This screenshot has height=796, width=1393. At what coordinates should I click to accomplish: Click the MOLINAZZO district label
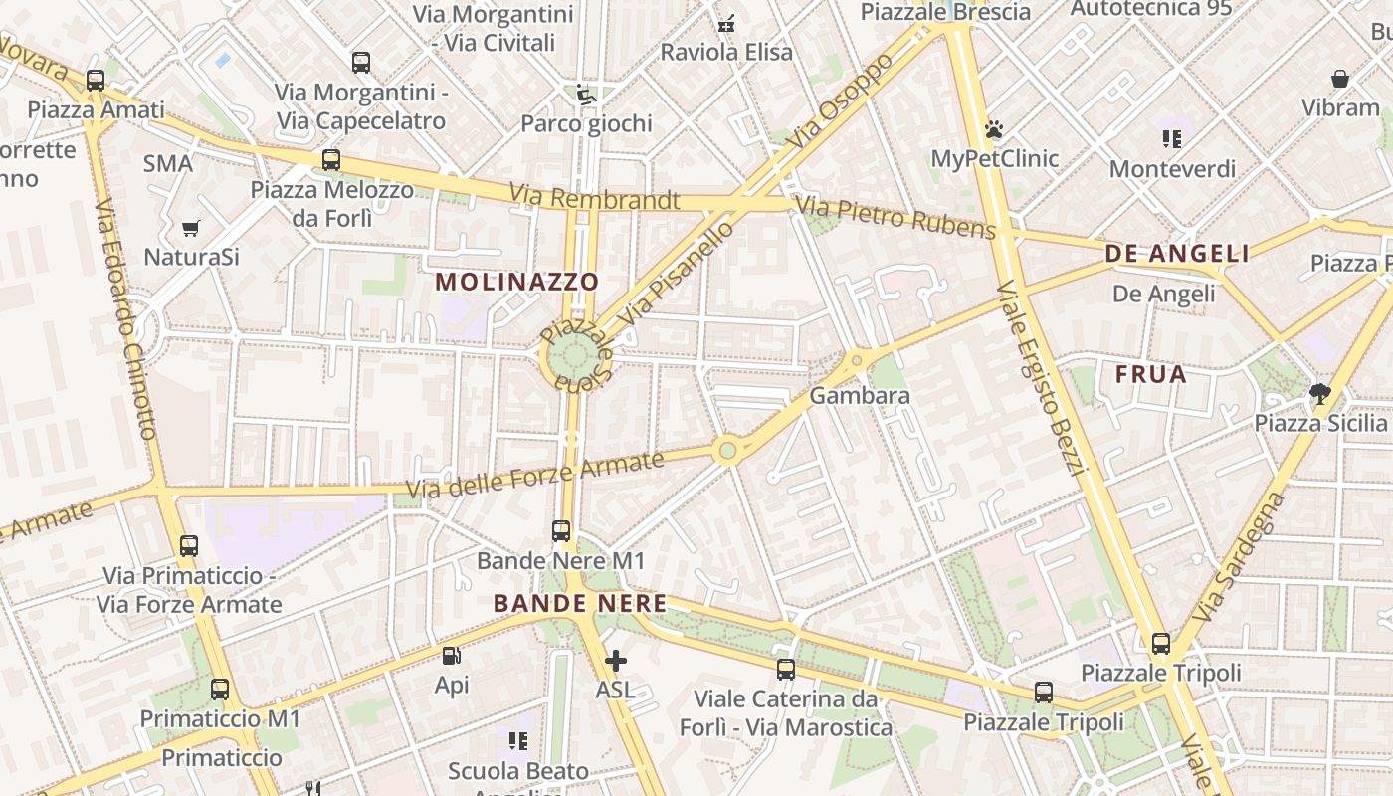(x=517, y=282)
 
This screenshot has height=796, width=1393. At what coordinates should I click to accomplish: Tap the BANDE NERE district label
(x=580, y=603)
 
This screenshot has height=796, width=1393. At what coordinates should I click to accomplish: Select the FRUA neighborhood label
(x=1151, y=375)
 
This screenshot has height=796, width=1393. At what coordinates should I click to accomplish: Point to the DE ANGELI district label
(x=1177, y=254)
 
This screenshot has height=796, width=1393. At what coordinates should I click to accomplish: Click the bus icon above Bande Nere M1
(x=561, y=531)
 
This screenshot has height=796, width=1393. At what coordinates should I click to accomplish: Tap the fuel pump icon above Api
(x=451, y=656)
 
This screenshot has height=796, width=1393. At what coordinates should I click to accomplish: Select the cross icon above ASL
(x=616, y=660)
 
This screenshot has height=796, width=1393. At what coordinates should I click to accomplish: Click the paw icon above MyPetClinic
(x=993, y=129)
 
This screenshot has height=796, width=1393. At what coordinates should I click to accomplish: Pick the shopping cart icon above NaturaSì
(x=191, y=228)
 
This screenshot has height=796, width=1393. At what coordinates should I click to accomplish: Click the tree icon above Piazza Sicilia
(x=1319, y=394)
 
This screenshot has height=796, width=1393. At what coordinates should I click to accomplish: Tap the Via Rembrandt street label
(x=594, y=198)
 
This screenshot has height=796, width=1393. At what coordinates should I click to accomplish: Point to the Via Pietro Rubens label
(x=896, y=218)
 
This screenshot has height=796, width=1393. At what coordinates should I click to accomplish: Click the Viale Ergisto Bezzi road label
(x=1039, y=378)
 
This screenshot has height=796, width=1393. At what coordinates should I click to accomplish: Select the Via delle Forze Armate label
(x=535, y=475)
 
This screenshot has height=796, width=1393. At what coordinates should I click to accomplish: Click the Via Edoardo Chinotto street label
(x=126, y=318)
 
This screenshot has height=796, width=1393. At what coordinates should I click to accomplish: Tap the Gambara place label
(x=860, y=396)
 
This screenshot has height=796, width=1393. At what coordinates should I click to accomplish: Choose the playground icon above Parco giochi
(x=585, y=96)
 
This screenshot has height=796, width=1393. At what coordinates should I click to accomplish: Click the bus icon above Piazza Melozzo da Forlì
(x=331, y=159)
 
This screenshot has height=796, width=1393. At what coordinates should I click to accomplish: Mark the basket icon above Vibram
(x=1340, y=79)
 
